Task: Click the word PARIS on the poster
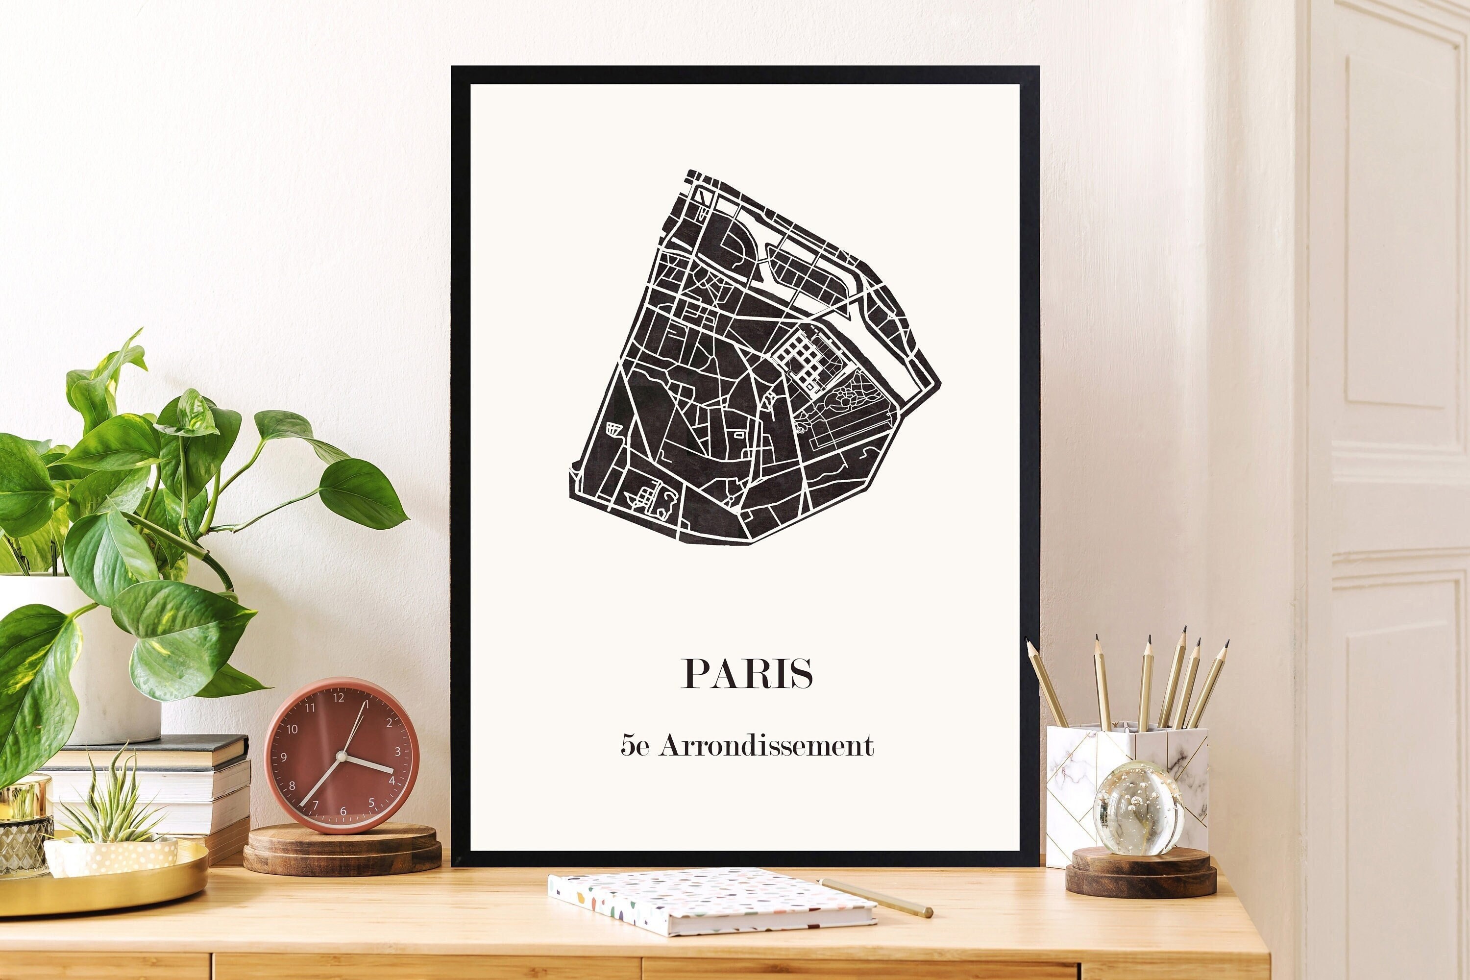tap(747, 673)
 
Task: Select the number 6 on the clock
tap(343, 811)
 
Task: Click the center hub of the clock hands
tap(341, 756)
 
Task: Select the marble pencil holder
tap(1087, 787)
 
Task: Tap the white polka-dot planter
tap(113, 855)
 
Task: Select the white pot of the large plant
tap(94, 675)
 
